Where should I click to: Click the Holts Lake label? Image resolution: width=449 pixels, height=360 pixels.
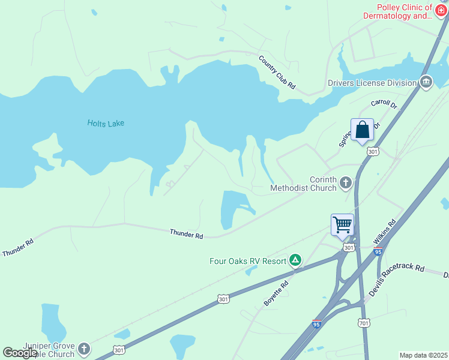tap(105, 123)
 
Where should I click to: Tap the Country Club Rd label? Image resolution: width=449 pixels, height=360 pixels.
tap(277, 72)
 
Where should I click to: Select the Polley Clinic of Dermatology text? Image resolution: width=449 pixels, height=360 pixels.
tap(397, 12)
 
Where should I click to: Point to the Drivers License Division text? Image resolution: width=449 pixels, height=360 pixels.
tap(372, 83)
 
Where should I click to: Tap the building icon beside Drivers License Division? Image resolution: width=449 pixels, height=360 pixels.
tap(426, 82)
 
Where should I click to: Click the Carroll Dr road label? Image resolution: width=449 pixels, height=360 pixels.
tap(384, 104)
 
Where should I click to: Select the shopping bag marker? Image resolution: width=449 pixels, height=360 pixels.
tap(363, 130)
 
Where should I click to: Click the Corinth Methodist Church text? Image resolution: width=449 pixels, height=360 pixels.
tap(303, 184)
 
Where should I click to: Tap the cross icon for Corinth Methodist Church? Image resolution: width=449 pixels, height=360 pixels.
tap(345, 182)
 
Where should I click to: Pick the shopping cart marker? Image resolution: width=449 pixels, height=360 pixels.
tap(342, 226)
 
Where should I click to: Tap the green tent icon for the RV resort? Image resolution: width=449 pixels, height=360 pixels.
tap(295, 260)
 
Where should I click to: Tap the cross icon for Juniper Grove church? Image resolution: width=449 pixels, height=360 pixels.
tap(84, 348)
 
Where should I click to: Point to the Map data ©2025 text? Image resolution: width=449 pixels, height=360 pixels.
tap(423, 355)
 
